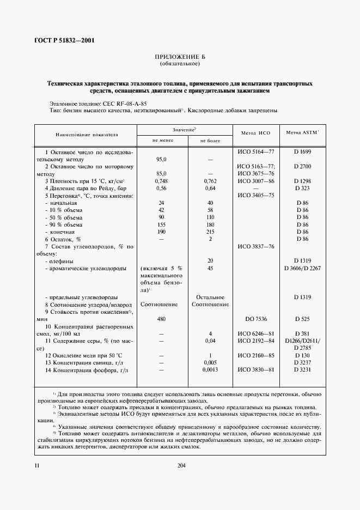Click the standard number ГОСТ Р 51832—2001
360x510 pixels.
tap(63, 40)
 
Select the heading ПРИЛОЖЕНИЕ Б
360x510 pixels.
tap(180, 57)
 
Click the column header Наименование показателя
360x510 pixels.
tap(86, 133)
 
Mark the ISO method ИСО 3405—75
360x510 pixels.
tap(256, 195)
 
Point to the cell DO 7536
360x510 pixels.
tap(256, 318)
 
